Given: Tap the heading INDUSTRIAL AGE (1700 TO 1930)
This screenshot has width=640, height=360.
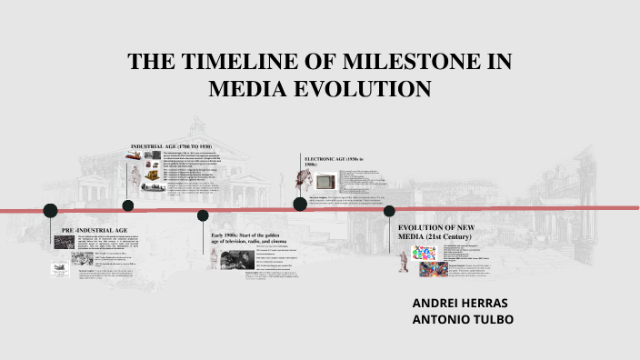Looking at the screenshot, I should (x=171, y=146).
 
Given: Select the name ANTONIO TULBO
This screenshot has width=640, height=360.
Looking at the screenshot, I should (x=462, y=319).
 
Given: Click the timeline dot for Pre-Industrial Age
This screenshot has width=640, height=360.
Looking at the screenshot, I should (x=51, y=211).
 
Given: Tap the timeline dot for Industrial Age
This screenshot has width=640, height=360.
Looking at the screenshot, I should (x=128, y=205).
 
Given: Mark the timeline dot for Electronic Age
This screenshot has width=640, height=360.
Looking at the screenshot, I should (x=299, y=204).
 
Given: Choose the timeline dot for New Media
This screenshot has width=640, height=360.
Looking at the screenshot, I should (x=389, y=211).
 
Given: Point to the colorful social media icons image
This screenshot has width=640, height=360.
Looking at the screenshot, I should (x=407, y=252).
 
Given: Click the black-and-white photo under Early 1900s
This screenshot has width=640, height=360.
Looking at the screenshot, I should (x=230, y=259).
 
